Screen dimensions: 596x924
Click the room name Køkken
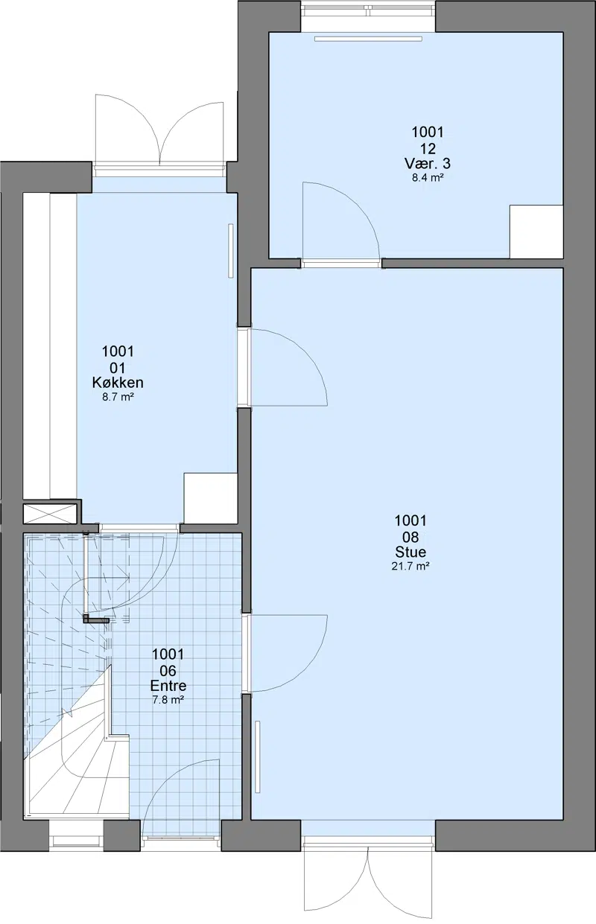tap(118, 383)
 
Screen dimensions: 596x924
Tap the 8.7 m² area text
tap(118, 398)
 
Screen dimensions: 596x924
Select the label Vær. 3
tap(428, 163)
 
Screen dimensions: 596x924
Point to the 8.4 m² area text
tap(428, 178)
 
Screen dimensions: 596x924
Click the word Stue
tap(410, 552)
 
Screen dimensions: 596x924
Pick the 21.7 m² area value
tap(410, 567)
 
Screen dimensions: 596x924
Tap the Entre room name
tap(168, 686)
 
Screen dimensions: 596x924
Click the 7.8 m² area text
tap(168, 700)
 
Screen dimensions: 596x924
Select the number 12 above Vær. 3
tap(428, 148)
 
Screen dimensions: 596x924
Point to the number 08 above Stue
tap(410, 537)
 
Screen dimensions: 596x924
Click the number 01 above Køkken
tap(118, 368)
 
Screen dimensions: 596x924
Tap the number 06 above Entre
tap(168, 670)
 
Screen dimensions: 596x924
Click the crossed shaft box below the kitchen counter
tap(50, 514)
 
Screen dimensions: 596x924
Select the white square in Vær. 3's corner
tap(536, 232)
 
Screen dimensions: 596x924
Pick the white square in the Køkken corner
tap(211, 499)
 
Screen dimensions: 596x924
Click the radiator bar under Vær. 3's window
tap(368, 39)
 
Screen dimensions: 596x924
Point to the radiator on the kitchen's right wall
tap(231, 251)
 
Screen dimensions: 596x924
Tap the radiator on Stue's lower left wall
tap(258, 757)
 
